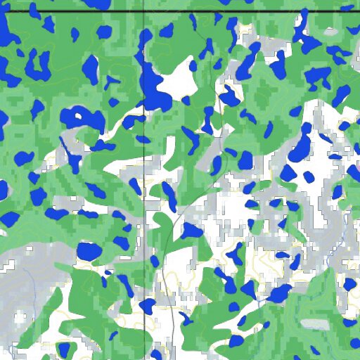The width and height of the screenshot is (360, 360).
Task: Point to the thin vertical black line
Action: click(144, 211)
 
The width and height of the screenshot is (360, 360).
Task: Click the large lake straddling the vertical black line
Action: click(153, 88)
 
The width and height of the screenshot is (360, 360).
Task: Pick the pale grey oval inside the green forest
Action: click(314, 323)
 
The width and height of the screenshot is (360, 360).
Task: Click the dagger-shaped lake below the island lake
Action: click(73, 158)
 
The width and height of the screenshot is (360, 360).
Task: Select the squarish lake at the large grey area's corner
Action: click(89, 250)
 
